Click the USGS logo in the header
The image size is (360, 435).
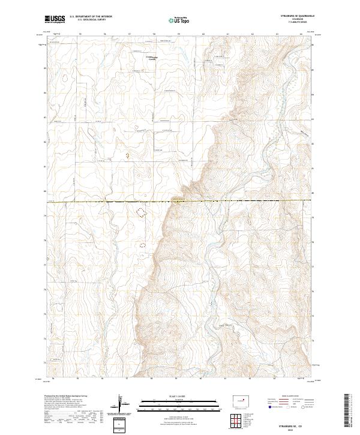(55, 19)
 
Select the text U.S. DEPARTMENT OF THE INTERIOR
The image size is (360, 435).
(91, 17)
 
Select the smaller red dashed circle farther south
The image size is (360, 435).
(142, 245)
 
